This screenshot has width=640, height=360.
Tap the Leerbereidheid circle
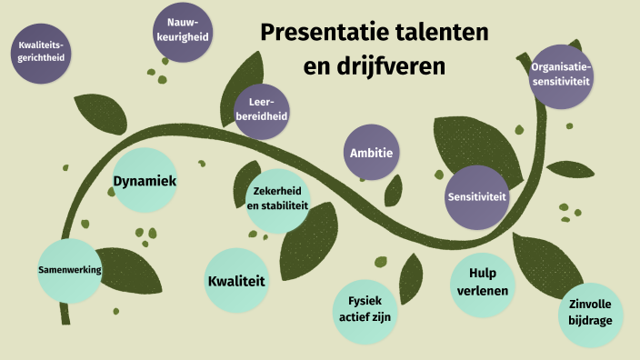click(262, 110)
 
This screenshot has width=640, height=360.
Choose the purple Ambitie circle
click(371, 152)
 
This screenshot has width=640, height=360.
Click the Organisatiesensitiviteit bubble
click(561, 75)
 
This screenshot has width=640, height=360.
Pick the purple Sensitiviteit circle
click(477, 196)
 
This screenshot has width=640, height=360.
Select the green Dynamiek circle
click(144, 181)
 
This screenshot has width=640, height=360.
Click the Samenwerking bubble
click(69, 270)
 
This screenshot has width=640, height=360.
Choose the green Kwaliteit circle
click(236, 281)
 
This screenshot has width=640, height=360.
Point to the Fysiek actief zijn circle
click(364, 307)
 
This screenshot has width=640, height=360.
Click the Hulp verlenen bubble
click(484, 283)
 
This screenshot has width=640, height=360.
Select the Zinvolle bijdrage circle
click(590, 312)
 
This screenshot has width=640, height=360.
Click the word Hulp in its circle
click(484, 274)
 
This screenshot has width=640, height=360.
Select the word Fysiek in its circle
click(364, 299)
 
